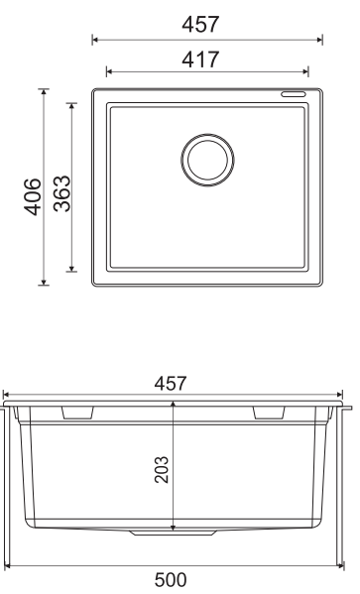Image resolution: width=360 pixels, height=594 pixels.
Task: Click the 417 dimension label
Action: click(200, 59)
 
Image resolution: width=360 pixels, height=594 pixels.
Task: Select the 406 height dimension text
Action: click(33, 196)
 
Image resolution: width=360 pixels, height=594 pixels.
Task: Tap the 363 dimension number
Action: click(62, 193)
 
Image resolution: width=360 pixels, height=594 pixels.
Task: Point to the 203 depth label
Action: click(162, 469)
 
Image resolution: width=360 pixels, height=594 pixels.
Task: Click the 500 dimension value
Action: click(171, 580)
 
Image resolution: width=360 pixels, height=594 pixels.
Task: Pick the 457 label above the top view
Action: click(200, 24)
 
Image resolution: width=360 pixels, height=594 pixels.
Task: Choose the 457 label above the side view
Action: click(171, 384)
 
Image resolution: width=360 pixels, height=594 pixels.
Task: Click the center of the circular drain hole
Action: click(207, 160)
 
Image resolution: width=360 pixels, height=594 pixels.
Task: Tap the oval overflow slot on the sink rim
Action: click(293, 94)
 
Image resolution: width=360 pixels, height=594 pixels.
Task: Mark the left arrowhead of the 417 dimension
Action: click(109, 71)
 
